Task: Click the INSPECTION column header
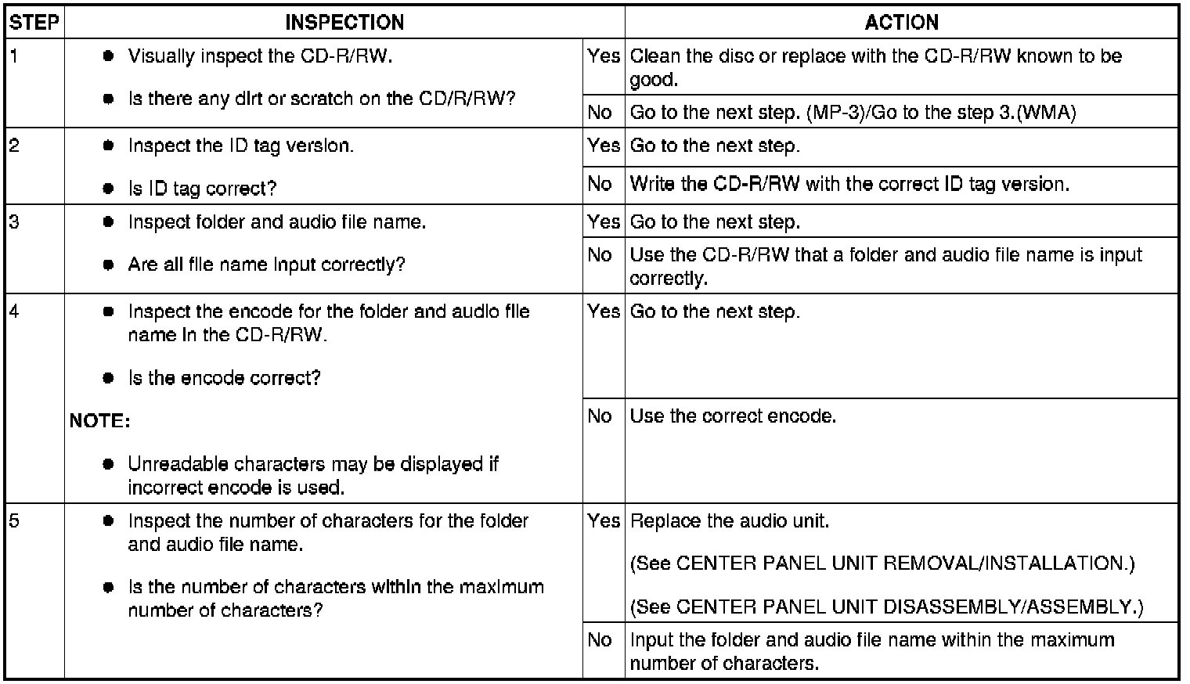click(344, 23)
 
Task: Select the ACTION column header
click(901, 23)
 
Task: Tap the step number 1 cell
click(35, 82)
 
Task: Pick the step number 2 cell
click(35, 166)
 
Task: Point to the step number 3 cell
click(35, 249)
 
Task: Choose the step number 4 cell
click(35, 398)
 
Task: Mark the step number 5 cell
click(35, 590)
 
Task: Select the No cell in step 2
click(600, 184)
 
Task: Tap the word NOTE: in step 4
click(99, 421)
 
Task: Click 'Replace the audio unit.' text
click(729, 520)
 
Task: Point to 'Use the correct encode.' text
click(733, 416)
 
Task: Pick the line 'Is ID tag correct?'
click(202, 189)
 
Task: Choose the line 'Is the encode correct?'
click(224, 378)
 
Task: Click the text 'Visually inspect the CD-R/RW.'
click(260, 56)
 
